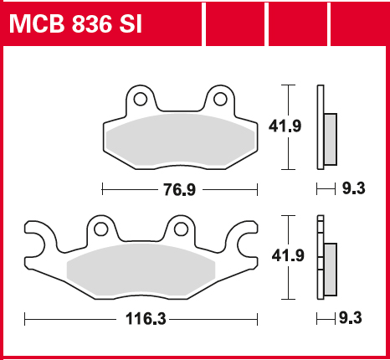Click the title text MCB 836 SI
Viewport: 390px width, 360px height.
tap(75, 24)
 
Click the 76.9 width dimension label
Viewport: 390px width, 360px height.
tap(180, 189)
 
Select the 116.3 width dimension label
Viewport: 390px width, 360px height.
tap(146, 319)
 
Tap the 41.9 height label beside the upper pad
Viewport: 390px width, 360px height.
tap(285, 126)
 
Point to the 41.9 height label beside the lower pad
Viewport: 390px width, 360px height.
tap(288, 255)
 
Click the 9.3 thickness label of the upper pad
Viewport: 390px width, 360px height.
tap(354, 188)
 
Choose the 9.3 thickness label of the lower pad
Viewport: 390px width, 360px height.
tap(351, 318)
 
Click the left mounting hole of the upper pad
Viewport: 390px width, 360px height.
tap(141, 99)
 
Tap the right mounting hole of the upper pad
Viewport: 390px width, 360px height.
tap(220, 99)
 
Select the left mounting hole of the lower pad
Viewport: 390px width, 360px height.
tap(100, 229)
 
